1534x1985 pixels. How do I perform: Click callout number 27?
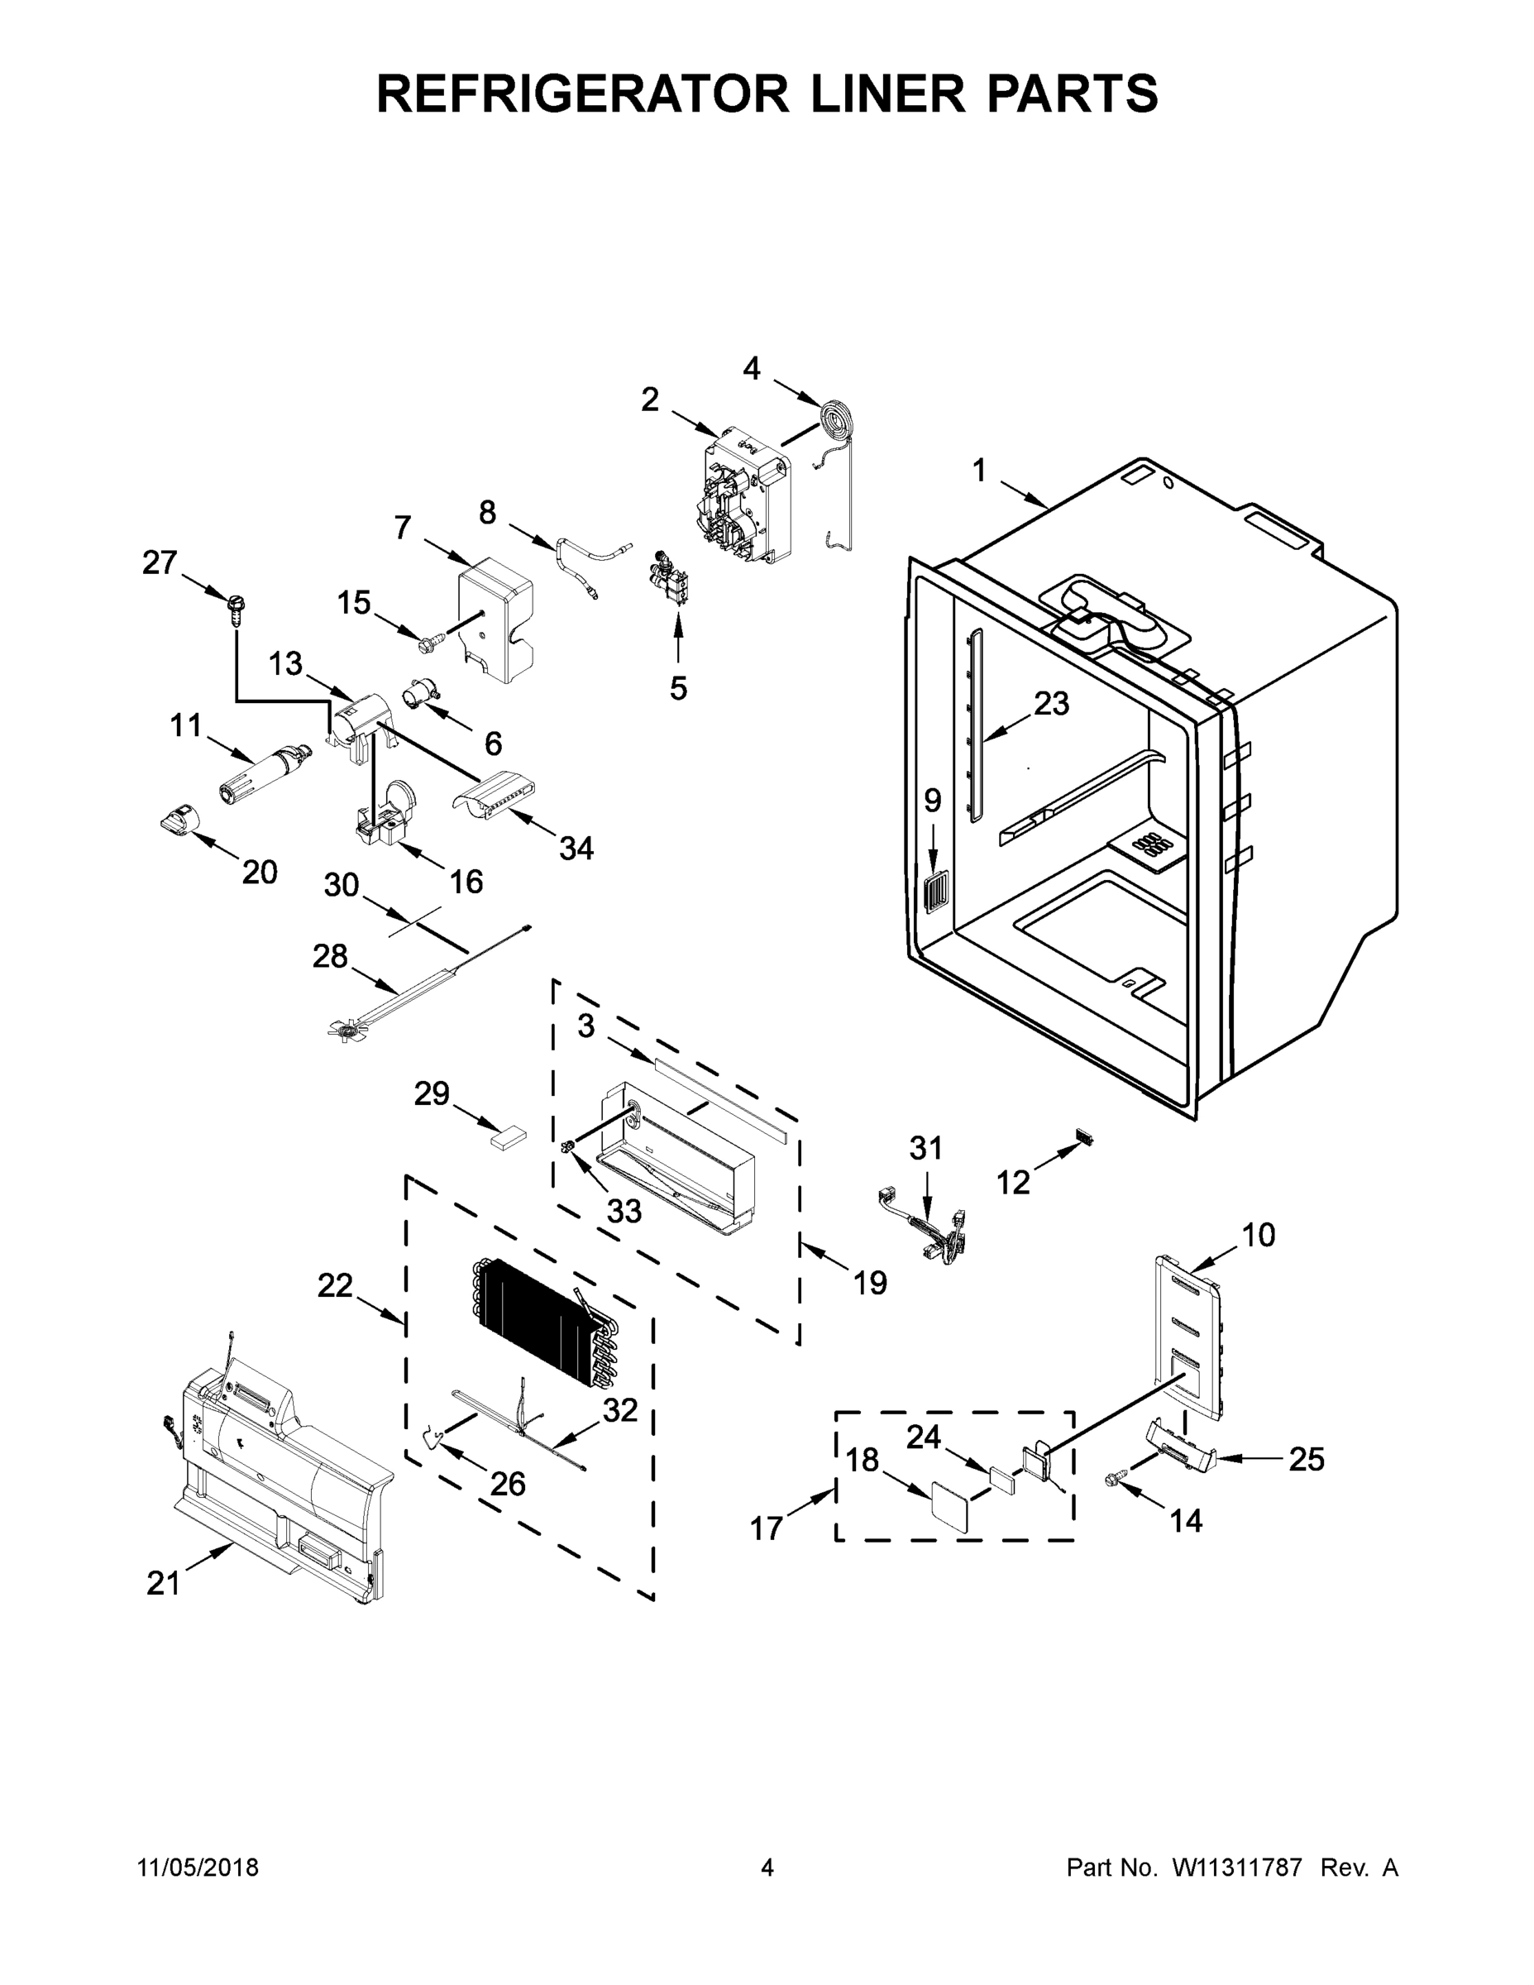160,562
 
